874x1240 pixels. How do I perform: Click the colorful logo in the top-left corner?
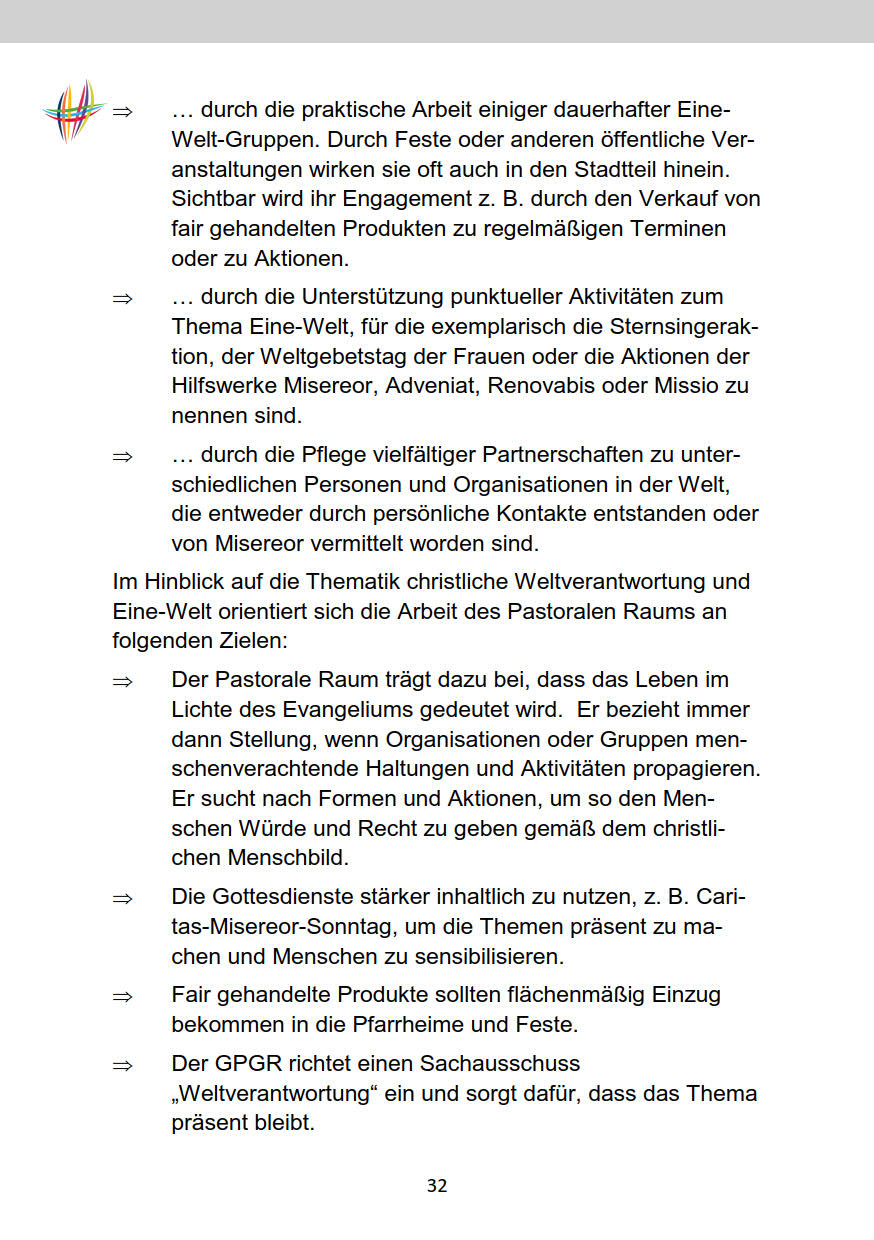74,110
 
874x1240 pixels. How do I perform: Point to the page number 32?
437,1186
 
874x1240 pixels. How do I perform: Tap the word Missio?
671,385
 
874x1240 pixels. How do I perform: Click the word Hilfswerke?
220,385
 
